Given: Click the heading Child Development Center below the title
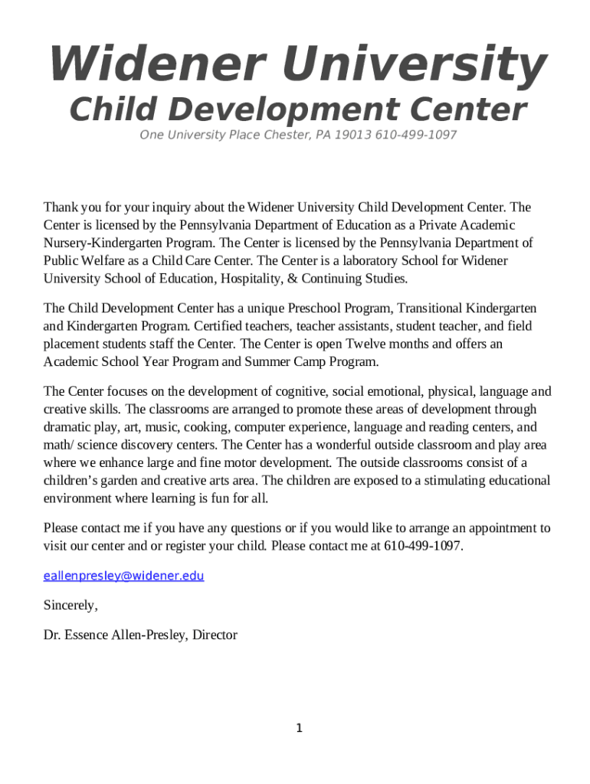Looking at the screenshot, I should coord(297,109).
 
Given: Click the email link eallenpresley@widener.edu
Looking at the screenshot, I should coord(123,576).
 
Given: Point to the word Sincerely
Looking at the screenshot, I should coord(70,606).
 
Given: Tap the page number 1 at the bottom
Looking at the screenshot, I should coord(300,728).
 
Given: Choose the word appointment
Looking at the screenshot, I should coord(502,528).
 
